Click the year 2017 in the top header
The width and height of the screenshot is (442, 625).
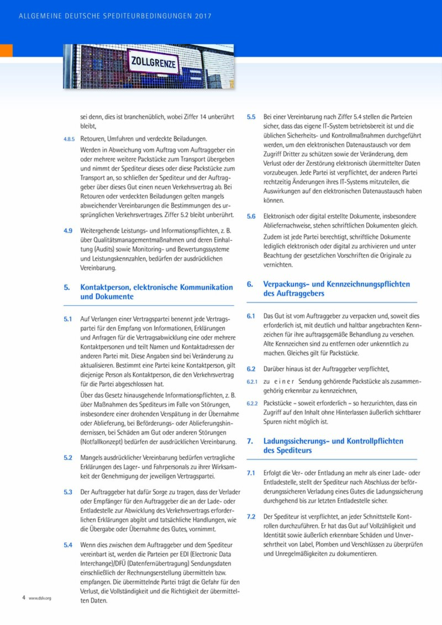[203, 17]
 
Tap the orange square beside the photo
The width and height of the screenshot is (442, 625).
[6, 50]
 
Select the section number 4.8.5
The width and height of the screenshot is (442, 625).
[69, 139]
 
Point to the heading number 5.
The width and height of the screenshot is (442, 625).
[66, 287]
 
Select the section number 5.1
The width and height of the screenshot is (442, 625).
[68, 319]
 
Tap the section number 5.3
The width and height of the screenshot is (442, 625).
[68, 491]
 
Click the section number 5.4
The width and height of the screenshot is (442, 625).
[68, 544]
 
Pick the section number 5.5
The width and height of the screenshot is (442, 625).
[251, 117]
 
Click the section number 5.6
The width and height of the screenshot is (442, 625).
[251, 216]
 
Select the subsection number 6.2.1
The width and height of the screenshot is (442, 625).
[252, 382]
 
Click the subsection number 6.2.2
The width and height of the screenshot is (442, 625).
[252, 404]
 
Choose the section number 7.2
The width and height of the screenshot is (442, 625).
[251, 517]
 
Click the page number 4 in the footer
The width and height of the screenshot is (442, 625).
[24, 597]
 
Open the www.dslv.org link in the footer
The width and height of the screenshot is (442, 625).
[40, 598]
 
